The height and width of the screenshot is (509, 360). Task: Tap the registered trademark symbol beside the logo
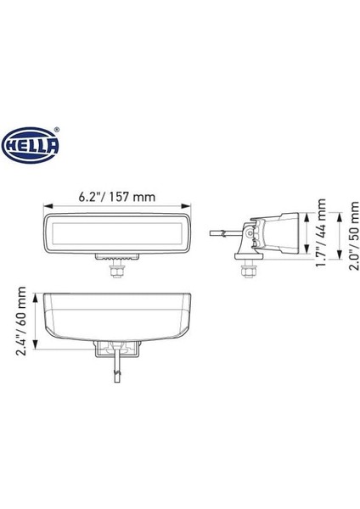tap(58, 130)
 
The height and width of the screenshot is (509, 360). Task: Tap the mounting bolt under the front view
tap(116, 270)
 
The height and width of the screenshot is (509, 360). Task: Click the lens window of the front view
tap(117, 232)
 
